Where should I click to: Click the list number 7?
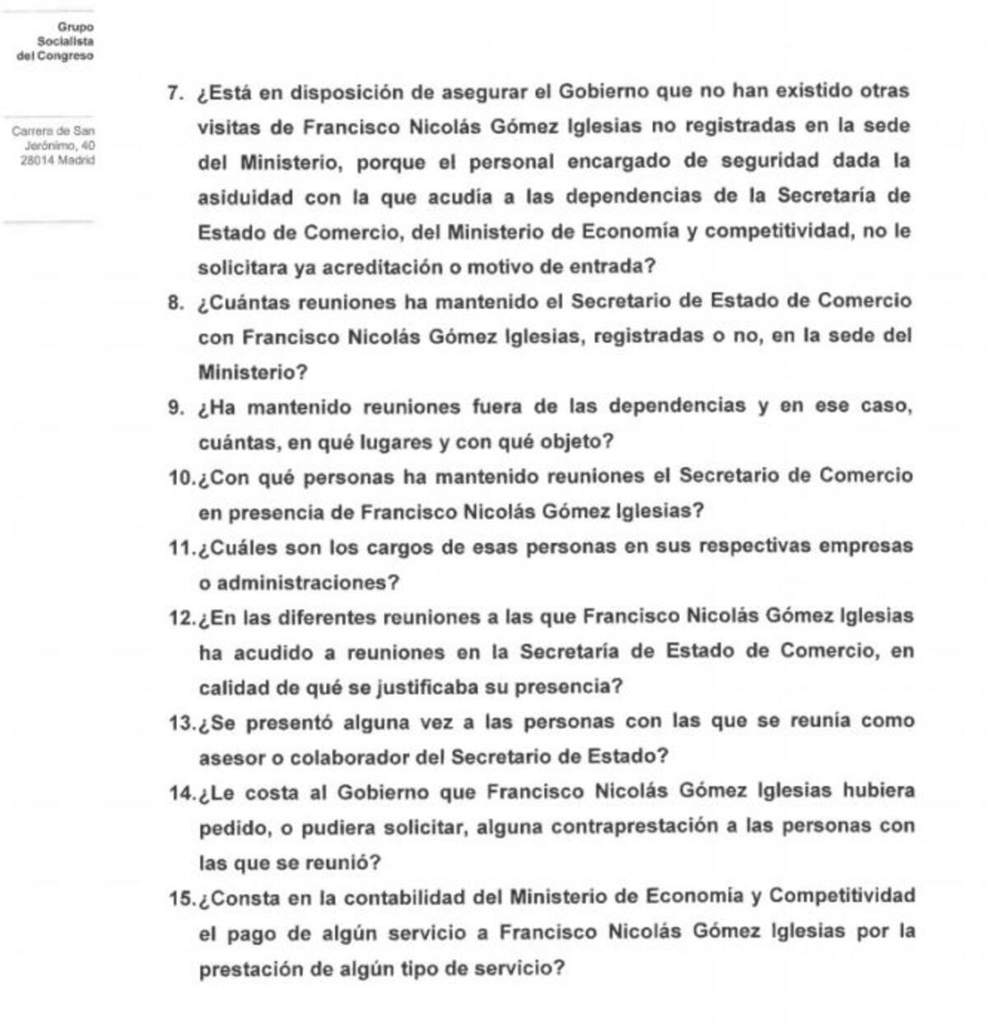[174, 93]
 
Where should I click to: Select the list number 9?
[174, 408]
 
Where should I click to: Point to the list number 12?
[180, 619]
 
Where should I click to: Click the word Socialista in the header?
[66, 41]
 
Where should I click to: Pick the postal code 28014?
[36, 160]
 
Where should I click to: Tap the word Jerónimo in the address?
[50, 146]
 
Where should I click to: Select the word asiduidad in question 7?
[245, 198]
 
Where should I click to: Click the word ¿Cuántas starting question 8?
[244, 303]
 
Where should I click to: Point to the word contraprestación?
[636, 826]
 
